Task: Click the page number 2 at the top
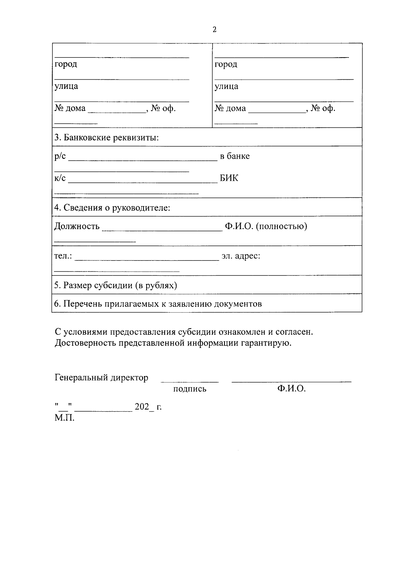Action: click(214, 30)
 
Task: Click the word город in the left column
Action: click(66, 64)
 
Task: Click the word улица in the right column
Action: click(226, 86)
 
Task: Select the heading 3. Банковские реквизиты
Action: click(106, 138)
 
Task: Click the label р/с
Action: click(60, 156)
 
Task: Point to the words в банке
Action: click(235, 156)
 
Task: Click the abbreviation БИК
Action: click(229, 178)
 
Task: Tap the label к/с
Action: click(60, 178)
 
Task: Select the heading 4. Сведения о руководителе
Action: click(112, 208)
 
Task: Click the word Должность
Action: click(77, 226)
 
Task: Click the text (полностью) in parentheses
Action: click(282, 226)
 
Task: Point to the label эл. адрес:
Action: click(241, 256)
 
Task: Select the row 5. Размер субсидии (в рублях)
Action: click(116, 285)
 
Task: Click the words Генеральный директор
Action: click(101, 378)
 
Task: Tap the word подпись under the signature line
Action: click(190, 389)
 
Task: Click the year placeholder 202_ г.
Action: click(148, 407)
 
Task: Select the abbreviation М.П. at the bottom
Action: click(64, 418)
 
